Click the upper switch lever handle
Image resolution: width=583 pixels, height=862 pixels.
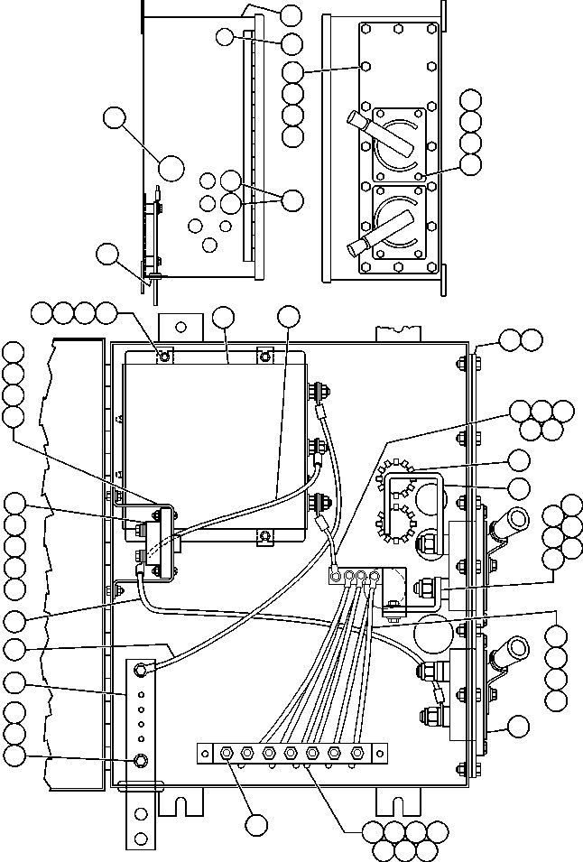point(358,124)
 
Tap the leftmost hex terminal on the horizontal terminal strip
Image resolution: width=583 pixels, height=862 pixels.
point(223,751)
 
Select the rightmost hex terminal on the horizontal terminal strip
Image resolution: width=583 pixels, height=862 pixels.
point(358,751)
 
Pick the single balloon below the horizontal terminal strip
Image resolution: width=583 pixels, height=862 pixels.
point(256,824)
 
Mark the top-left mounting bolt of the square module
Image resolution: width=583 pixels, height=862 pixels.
point(163,357)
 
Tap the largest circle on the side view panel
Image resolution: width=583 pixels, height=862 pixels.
point(171,166)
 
